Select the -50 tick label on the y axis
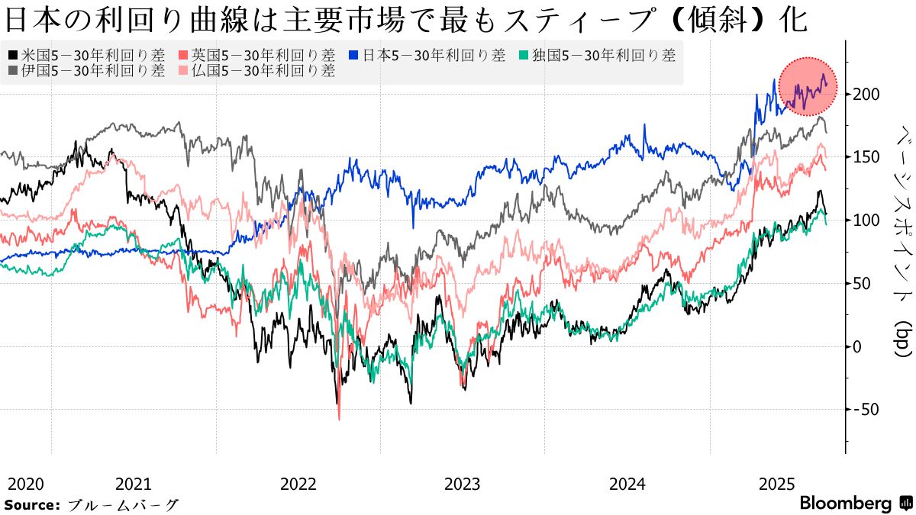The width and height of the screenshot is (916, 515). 868,409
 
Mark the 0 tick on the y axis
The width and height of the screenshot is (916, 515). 860,346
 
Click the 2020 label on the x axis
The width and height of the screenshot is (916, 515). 25,484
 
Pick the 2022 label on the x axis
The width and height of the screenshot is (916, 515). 299,484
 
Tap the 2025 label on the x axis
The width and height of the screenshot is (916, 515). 778,484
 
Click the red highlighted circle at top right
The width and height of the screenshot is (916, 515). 808,86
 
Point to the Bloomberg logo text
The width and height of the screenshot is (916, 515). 846,504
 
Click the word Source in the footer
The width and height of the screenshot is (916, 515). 31,504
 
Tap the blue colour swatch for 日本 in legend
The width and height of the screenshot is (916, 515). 353,55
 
